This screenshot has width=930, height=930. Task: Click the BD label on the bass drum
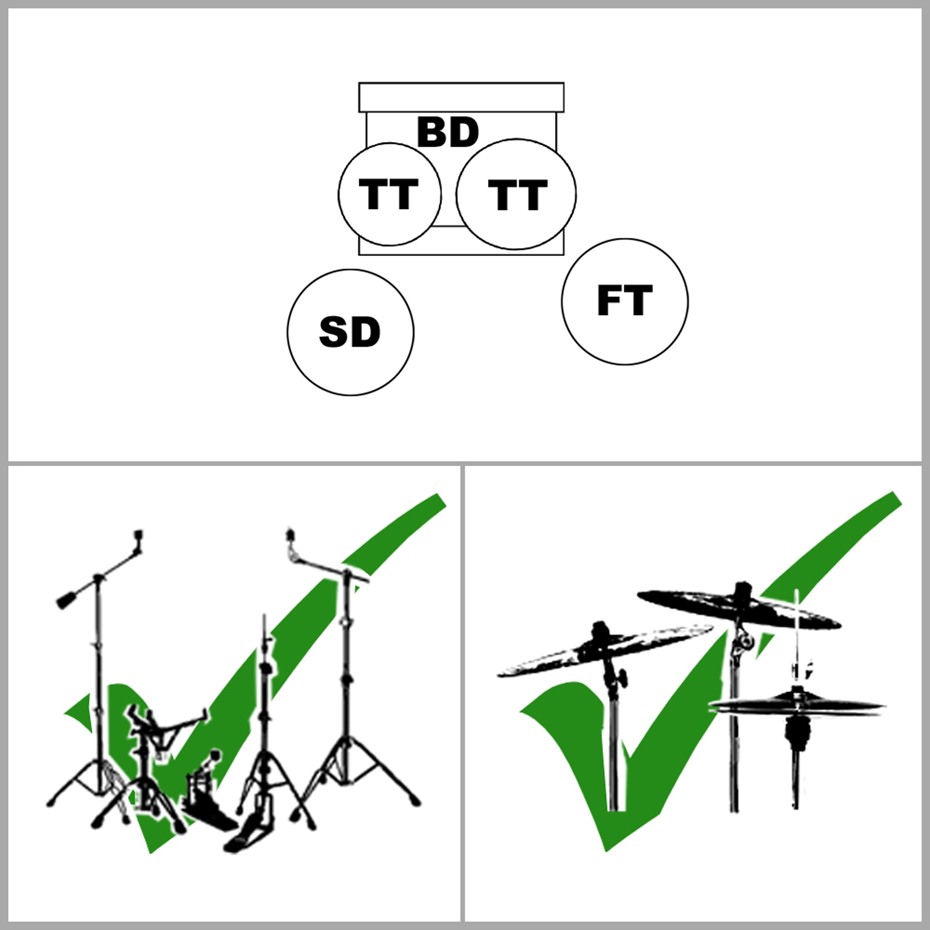[x=448, y=132]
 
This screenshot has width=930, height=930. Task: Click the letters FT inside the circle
[x=625, y=300]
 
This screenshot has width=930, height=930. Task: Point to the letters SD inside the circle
[x=350, y=332]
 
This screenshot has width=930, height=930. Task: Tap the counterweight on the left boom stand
[x=66, y=600]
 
